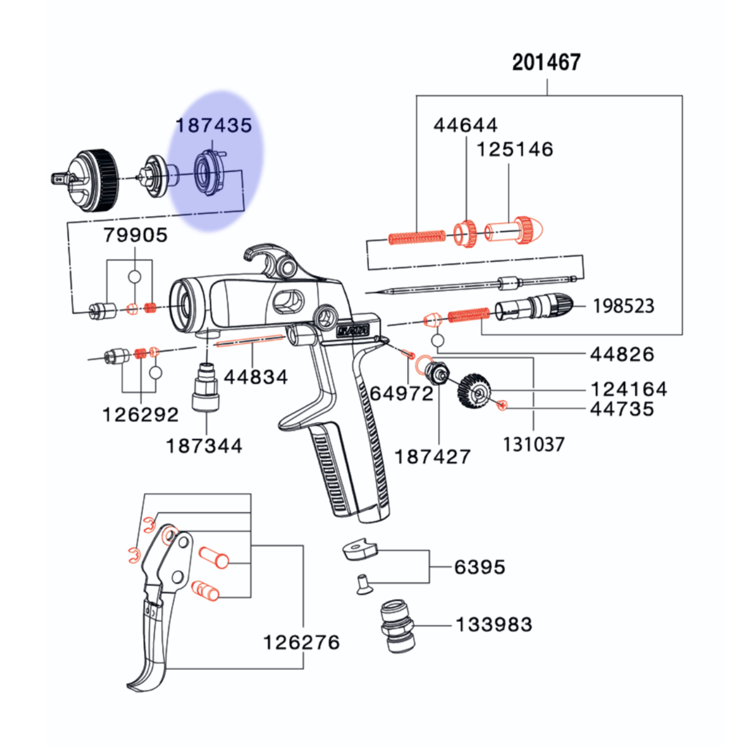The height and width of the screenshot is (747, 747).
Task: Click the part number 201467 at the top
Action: point(546,62)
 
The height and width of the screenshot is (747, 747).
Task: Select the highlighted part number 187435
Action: point(214,125)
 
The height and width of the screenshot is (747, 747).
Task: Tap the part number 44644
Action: point(465,125)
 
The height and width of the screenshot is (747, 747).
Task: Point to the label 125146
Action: point(515,149)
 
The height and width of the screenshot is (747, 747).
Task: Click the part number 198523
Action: point(624,306)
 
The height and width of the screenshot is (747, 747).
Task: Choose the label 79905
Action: point(135,235)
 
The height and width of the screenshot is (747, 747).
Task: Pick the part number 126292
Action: point(140,415)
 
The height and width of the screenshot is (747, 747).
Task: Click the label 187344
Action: point(204,446)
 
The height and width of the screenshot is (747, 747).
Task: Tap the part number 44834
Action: point(256,377)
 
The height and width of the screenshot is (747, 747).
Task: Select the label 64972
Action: point(402,394)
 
